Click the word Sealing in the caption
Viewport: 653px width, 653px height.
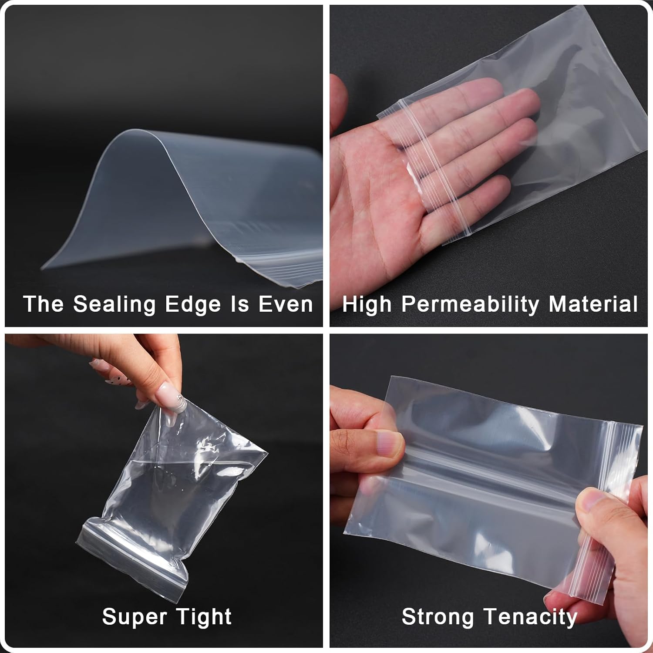click(114, 304)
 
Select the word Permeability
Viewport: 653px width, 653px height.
click(470, 304)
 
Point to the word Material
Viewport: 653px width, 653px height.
click(593, 304)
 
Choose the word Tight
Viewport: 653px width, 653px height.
click(204, 617)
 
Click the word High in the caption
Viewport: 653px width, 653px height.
click(367, 304)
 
